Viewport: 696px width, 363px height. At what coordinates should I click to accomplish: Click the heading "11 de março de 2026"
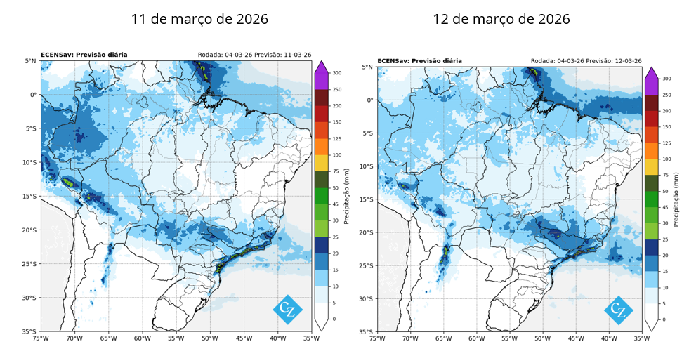[199, 19]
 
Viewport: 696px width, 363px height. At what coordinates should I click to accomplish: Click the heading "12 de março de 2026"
[501, 19]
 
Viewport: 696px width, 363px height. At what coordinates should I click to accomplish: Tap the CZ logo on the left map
[288, 310]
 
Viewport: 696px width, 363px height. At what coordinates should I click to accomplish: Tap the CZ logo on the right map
[618, 310]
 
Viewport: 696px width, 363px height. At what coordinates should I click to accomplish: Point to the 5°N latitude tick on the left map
[31, 61]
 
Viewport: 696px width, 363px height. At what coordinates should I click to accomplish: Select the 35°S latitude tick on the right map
[366, 331]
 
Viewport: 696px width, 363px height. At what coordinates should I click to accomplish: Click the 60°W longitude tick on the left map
[142, 338]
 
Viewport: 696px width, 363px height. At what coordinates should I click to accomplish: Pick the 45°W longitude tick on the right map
[576, 338]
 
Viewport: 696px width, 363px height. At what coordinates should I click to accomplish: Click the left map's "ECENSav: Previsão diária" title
[84, 55]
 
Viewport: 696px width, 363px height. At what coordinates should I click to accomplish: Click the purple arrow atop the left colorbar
[321, 67]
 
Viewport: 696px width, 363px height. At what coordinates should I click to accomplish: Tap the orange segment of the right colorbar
[651, 151]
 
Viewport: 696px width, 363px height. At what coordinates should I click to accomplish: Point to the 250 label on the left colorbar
[337, 90]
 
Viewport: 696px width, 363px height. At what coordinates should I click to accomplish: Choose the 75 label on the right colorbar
[665, 176]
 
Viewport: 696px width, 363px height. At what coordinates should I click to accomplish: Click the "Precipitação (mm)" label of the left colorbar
[347, 196]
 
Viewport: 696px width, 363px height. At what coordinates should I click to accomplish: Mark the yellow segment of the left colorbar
[321, 164]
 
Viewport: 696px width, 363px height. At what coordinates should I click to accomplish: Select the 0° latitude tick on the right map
[369, 100]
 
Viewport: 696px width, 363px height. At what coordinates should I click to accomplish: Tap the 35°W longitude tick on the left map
[311, 338]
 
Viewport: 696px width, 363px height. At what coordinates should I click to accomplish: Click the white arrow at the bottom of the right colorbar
[651, 325]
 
